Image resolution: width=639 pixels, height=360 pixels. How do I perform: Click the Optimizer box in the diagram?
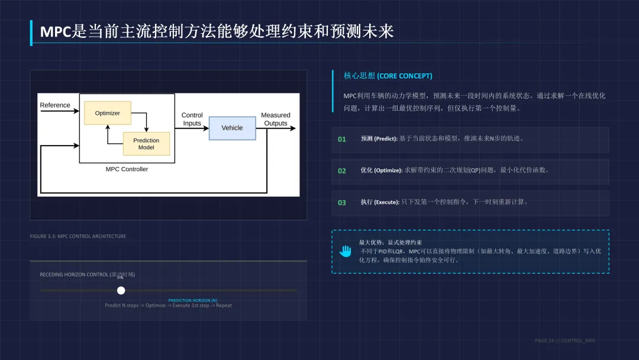(x=107, y=113)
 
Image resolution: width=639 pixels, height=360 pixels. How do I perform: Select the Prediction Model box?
(x=146, y=144)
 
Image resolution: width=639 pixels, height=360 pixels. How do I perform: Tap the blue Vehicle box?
(x=232, y=127)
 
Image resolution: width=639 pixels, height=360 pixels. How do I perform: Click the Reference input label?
(x=55, y=105)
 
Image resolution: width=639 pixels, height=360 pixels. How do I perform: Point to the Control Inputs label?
(x=192, y=119)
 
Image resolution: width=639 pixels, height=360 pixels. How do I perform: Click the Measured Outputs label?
(x=276, y=119)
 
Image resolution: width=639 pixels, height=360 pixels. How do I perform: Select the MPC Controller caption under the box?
(x=127, y=169)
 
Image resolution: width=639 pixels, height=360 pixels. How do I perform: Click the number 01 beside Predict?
(x=342, y=139)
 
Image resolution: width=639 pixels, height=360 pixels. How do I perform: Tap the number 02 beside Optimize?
(x=342, y=171)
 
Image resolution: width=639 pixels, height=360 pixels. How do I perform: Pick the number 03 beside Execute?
(x=342, y=202)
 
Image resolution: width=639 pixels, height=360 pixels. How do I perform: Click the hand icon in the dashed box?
(x=346, y=251)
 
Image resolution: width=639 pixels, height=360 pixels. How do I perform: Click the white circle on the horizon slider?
(x=121, y=290)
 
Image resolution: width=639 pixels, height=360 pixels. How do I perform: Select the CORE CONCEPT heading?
(x=388, y=76)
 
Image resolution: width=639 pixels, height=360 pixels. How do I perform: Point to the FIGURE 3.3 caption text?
(x=78, y=236)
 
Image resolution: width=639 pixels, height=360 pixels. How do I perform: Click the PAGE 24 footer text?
(x=565, y=340)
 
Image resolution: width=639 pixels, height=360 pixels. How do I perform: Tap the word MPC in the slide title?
(x=56, y=31)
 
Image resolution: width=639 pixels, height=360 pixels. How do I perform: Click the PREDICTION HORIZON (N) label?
(x=192, y=300)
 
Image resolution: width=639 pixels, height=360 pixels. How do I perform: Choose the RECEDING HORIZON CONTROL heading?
(x=87, y=274)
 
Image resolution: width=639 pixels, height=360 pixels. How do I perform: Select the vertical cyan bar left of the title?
(x=31, y=33)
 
